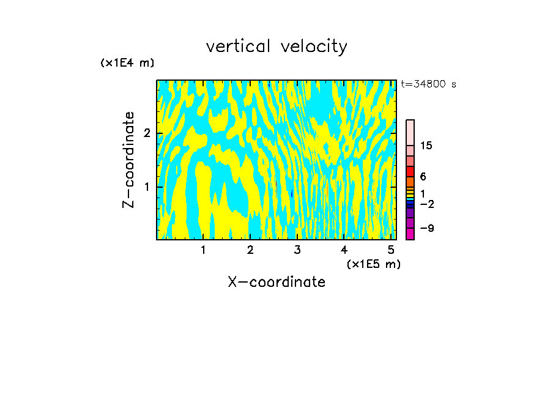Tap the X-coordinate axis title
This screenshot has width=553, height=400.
tap(276, 282)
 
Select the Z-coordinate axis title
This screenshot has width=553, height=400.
tap(128, 160)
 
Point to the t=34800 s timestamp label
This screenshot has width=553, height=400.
tap(428, 84)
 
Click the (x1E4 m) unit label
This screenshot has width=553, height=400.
tap(127, 63)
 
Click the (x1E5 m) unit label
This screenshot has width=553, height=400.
tap(373, 264)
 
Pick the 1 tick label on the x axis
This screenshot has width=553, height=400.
tap(203, 250)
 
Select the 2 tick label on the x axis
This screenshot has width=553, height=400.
tap(250, 250)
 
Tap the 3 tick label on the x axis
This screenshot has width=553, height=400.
tap(297, 250)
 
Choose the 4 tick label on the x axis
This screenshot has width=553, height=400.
tap(344, 250)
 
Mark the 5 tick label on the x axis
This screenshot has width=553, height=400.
tap(391, 250)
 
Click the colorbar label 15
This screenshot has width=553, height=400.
tap(426, 146)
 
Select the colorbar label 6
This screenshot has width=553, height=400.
tap(423, 177)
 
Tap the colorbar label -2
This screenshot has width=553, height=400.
tap(426, 203)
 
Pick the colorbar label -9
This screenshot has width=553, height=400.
tap(426, 228)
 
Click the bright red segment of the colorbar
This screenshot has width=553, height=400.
tap(410, 171)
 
